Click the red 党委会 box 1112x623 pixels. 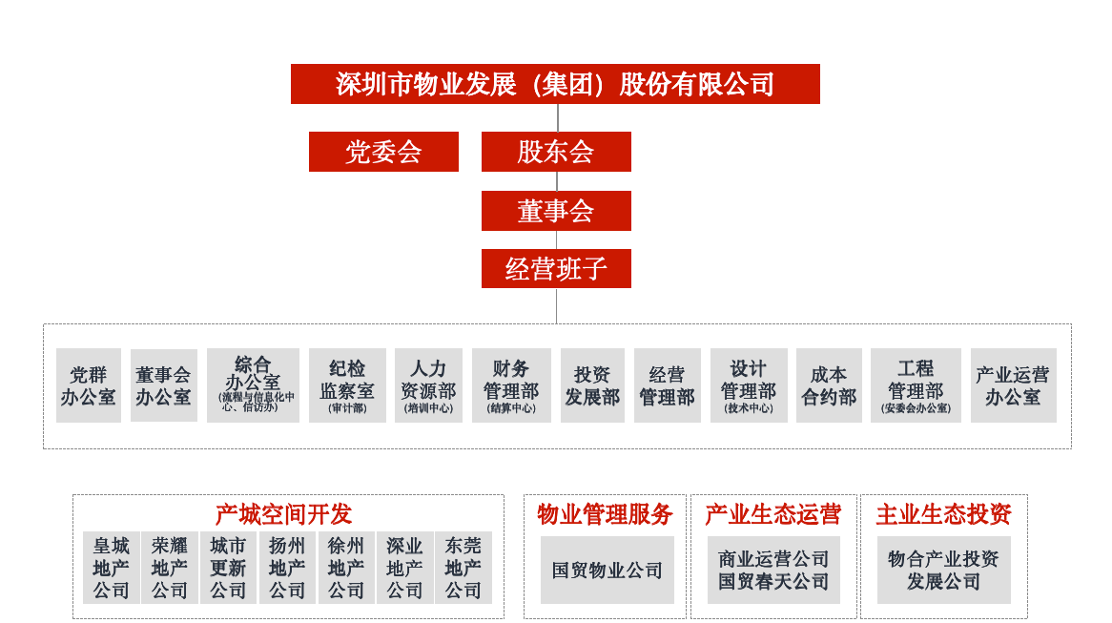[383, 151]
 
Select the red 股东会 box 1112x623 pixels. [556, 151]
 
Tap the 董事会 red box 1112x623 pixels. [556, 211]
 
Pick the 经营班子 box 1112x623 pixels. [556, 268]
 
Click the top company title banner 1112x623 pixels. [555, 84]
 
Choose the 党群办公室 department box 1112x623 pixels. [89, 385]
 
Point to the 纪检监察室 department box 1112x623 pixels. [347, 385]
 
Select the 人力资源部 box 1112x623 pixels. [428, 385]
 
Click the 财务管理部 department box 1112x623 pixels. [511, 385]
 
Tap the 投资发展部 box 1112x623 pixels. [592, 385]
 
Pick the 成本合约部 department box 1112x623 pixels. [829, 385]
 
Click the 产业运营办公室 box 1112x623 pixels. [1014, 385]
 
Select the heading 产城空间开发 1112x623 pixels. [283, 513]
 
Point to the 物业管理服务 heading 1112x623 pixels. [605, 513]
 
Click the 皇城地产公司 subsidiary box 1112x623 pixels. [112, 568]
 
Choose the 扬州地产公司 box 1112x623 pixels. [287, 568]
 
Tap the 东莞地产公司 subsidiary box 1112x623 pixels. [463, 568]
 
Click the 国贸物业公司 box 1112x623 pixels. [607, 570]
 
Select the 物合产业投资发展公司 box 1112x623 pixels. [944, 570]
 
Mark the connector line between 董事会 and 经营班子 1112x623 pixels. [557, 239]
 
